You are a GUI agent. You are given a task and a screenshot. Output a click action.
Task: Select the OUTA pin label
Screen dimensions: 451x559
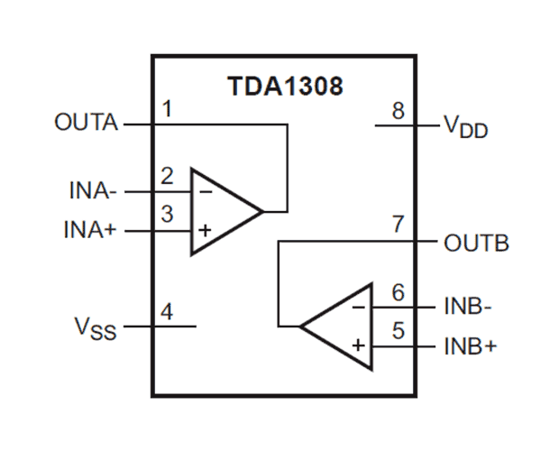pyautogui.click(x=87, y=123)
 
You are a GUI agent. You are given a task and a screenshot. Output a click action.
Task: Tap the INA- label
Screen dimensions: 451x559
pyautogui.click(x=93, y=191)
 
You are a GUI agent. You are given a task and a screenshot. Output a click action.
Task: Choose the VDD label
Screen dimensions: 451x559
pyautogui.click(x=465, y=126)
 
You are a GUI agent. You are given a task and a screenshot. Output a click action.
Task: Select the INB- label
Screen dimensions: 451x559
pyautogui.click(x=467, y=306)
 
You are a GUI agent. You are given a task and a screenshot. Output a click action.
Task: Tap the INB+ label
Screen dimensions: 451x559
pyautogui.click(x=471, y=346)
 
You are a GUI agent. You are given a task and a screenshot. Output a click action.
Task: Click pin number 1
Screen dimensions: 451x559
pyautogui.click(x=167, y=109)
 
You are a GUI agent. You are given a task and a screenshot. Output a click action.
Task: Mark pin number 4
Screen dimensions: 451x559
pyautogui.click(x=167, y=311)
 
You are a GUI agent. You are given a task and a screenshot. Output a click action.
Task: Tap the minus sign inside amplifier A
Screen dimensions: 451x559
pyautogui.click(x=205, y=191)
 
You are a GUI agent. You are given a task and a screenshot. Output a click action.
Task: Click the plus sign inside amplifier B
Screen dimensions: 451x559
pyautogui.click(x=358, y=345)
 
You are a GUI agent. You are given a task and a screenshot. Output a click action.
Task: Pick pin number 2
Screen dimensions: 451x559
pyautogui.click(x=167, y=176)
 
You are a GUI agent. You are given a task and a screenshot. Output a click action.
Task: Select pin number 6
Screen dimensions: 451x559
pyautogui.click(x=398, y=291)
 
